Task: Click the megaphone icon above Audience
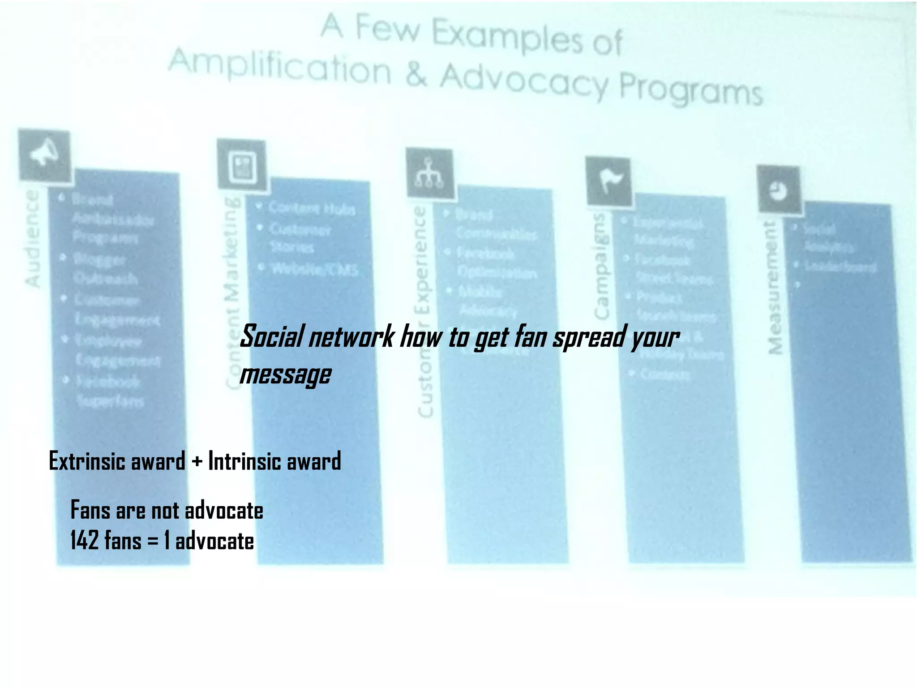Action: coord(44,155)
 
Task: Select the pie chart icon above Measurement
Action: coord(779,190)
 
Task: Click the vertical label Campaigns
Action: coord(601,266)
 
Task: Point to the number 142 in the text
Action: coord(84,540)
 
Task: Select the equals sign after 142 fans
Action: coord(153,541)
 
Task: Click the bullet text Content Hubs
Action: coord(312,209)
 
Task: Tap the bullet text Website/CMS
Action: coord(315,269)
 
